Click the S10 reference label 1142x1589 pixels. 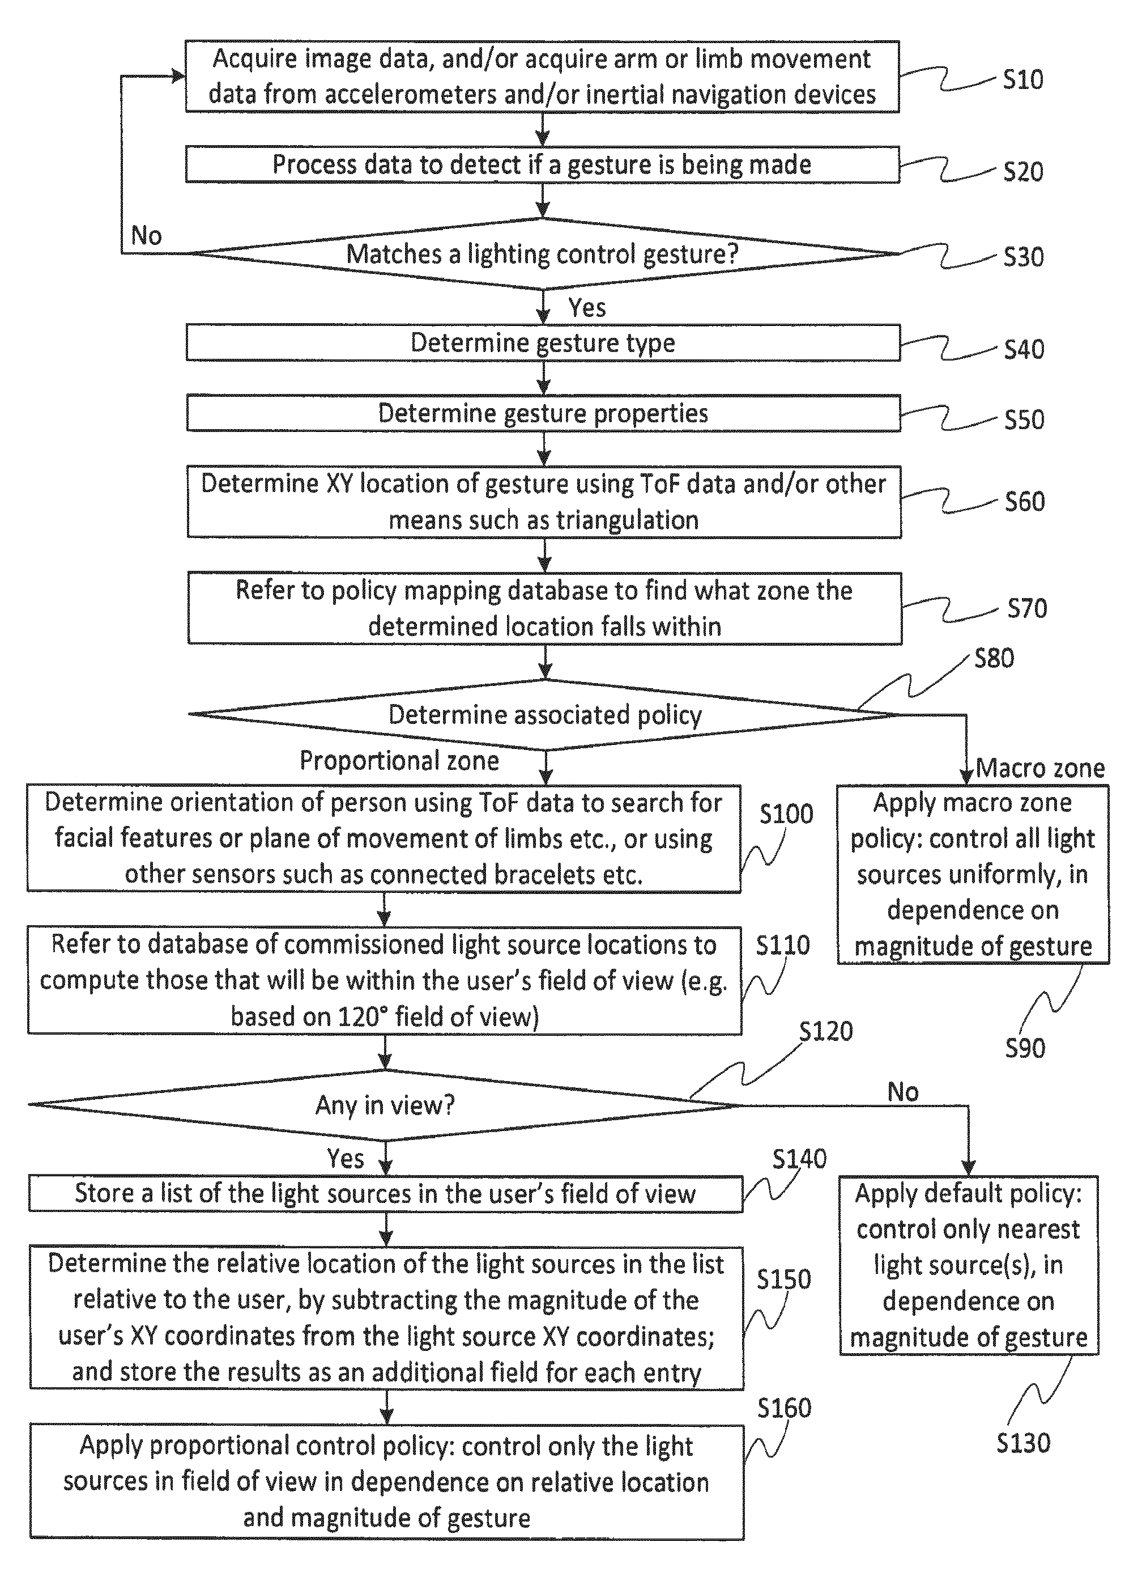point(1023,80)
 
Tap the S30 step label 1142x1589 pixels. point(1024,257)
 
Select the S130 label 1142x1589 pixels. point(1024,1443)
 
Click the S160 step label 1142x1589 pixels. point(784,1408)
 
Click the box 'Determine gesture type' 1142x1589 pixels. point(543,342)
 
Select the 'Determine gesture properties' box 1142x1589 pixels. point(543,413)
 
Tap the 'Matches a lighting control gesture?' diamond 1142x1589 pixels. point(543,253)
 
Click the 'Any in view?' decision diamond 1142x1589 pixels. point(385,1105)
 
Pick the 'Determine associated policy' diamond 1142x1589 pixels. point(545,715)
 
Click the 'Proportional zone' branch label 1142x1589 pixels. point(399,761)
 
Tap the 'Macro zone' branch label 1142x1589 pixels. point(1041,769)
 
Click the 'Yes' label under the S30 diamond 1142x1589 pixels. point(587,308)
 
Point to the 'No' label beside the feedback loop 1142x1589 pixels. point(146,236)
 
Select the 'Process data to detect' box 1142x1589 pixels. point(543,164)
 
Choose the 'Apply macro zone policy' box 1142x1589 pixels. point(973,874)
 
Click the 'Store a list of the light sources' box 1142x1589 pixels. point(386,1194)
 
